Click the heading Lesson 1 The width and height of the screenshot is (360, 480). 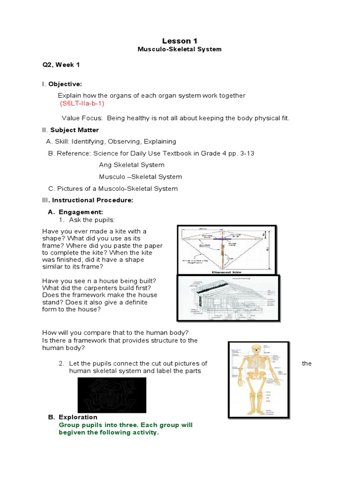tap(180, 42)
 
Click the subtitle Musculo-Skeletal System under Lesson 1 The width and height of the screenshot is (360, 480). tap(180, 49)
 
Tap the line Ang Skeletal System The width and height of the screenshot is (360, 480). tap(132, 165)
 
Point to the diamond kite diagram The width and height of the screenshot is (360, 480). tap(225, 249)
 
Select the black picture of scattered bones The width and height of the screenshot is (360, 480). tap(112, 395)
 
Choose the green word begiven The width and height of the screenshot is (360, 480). tap(70, 433)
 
